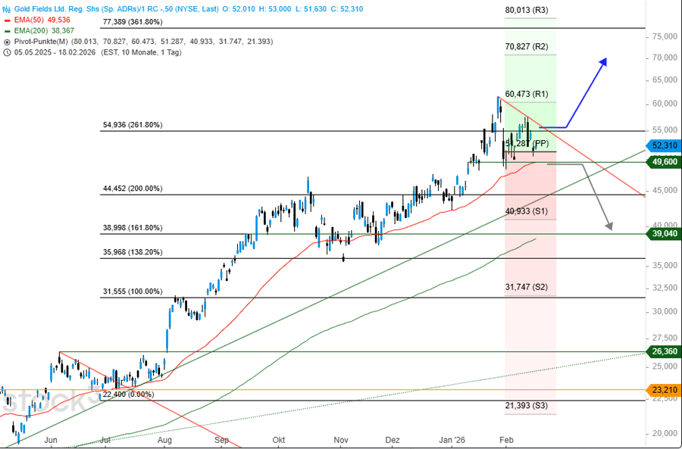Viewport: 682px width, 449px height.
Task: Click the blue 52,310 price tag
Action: [662, 145]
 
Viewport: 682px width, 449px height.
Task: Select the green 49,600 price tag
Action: [662, 161]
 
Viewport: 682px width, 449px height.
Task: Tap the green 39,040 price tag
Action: [662, 235]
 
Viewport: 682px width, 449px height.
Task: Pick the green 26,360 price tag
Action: [662, 351]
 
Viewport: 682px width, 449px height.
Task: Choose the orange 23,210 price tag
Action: [662, 390]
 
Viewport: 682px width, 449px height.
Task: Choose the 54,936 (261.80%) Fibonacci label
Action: [132, 125]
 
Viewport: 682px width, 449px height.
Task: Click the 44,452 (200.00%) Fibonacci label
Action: [132, 189]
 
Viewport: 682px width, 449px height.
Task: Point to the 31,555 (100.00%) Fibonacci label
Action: [132, 292]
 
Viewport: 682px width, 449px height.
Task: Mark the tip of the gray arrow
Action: [611, 229]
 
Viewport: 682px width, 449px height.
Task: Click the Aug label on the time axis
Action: [164, 439]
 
